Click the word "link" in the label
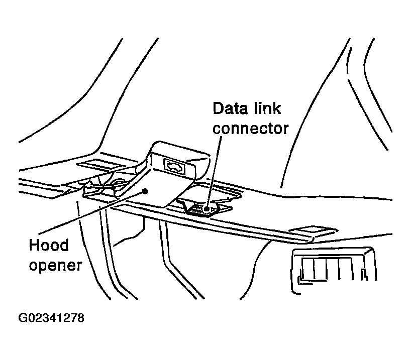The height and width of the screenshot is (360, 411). [268, 109]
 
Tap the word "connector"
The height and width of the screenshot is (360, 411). [251, 128]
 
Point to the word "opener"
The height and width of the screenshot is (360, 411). [54, 265]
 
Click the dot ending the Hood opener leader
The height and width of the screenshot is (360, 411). [145, 190]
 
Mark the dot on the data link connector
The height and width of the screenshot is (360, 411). [206, 206]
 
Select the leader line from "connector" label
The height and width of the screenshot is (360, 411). [213, 171]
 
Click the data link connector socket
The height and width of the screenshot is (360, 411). [203, 207]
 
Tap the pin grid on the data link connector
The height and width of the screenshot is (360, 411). [199, 206]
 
